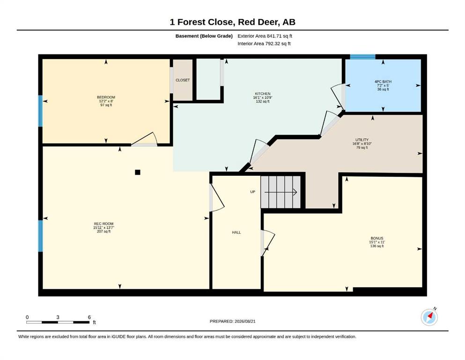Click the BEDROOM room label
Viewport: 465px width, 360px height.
(x=106, y=97)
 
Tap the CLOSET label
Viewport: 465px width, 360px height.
(x=183, y=80)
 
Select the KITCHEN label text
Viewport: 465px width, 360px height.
(x=263, y=94)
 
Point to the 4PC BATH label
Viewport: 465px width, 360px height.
(x=383, y=82)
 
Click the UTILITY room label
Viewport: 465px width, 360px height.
(x=362, y=140)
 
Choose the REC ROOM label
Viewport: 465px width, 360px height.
(x=104, y=224)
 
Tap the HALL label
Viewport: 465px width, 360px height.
(x=236, y=232)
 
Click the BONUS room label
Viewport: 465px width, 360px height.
(x=377, y=238)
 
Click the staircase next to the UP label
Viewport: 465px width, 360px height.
(x=280, y=192)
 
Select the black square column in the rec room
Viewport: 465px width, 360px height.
(x=138, y=172)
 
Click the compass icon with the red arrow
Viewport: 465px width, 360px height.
(x=429, y=317)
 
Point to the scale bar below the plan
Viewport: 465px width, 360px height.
(x=58, y=322)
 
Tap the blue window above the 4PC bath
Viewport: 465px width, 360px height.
(x=363, y=57)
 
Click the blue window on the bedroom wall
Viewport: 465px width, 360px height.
(x=41, y=111)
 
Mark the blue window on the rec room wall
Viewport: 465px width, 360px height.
(x=41, y=236)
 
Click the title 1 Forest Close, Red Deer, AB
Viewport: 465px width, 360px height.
(x=232, y=22)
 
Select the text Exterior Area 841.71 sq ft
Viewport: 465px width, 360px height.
(x=265, y=36)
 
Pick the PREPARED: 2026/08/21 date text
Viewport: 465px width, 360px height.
(x=232, y=321)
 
